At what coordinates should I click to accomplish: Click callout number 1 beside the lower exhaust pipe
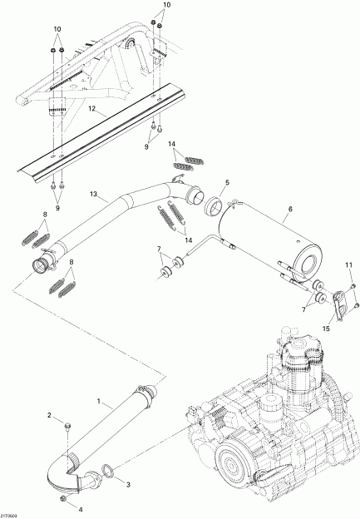click(x=101, y=403)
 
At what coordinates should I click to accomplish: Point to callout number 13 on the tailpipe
click(x=93, y=195)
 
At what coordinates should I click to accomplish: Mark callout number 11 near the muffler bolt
click(x=349, y=265)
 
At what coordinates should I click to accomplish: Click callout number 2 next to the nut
click(x=48, y=415)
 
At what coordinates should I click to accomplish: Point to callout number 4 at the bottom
click(x=81, y=508)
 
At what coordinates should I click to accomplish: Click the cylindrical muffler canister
click(x=258, y=237)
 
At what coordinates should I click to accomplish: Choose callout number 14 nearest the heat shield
click(x=172, y=144)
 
